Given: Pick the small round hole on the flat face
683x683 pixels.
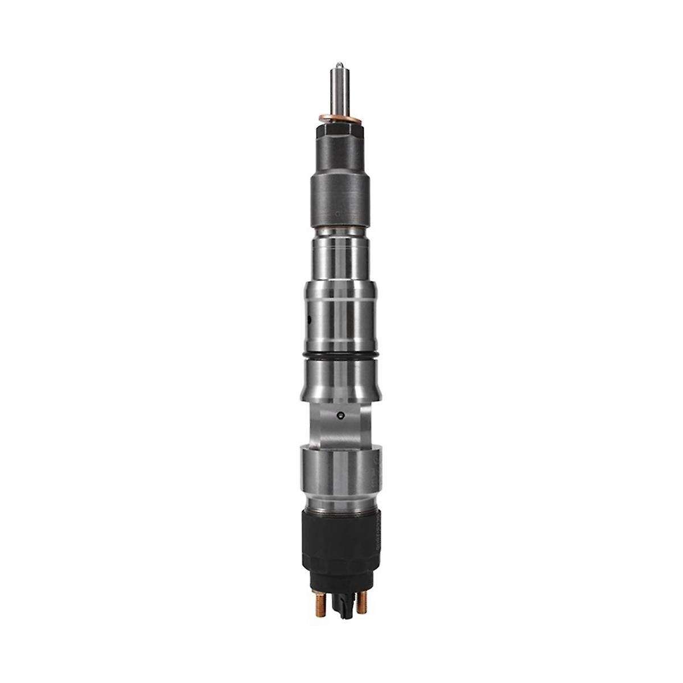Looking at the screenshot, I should pos(340,414).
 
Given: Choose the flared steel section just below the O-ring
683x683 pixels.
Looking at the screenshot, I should pos(340,381).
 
